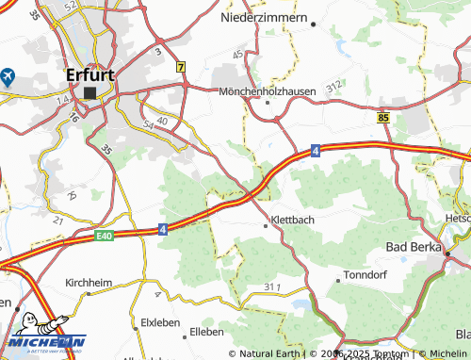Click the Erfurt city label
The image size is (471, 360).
(x=90, y=74)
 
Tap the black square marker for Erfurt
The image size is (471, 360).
(x=90, y=93)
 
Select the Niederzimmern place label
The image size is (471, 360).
(x=264, y=18)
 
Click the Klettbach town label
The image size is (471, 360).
(x=291, y=220)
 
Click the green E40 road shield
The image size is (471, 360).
(x=104, y=236)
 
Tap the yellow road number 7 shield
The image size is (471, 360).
(x=180, y=67)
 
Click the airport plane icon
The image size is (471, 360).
(x=8, y=74)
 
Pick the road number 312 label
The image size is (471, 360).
(x=333, y=87)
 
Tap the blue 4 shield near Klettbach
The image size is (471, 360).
(x=162, y=228)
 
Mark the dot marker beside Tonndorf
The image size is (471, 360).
(x=339, y=280)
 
